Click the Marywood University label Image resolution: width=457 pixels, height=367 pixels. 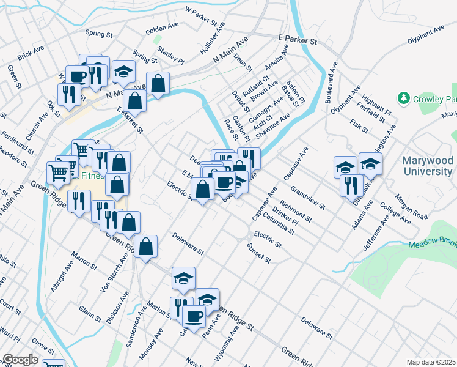point(427,165)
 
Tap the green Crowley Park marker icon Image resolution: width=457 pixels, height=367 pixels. point(403,98)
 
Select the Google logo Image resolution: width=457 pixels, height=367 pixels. point(20,360)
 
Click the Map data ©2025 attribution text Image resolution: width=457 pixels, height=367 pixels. point(431,362)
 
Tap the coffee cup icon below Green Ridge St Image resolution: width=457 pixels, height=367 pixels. point(194,316)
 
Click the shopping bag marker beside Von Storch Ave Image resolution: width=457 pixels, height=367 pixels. point(146,247)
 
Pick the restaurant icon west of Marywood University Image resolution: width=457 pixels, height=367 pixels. point(351,184)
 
